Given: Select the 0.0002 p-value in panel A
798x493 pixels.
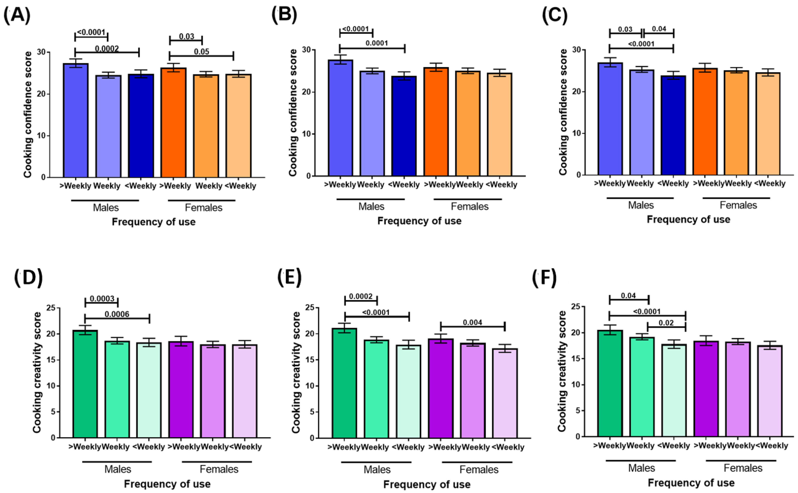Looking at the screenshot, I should click(x=107, y=49).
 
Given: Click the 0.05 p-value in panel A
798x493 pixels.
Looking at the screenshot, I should click(x=201, y=51).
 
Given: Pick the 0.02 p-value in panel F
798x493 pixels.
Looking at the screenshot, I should click(x=666, y=323).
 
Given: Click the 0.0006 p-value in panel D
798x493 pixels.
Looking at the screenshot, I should click(x=117, y=314).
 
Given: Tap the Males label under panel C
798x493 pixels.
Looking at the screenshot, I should click(x=640, y=205).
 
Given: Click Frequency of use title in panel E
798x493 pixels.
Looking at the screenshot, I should click(x=427, y=484).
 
